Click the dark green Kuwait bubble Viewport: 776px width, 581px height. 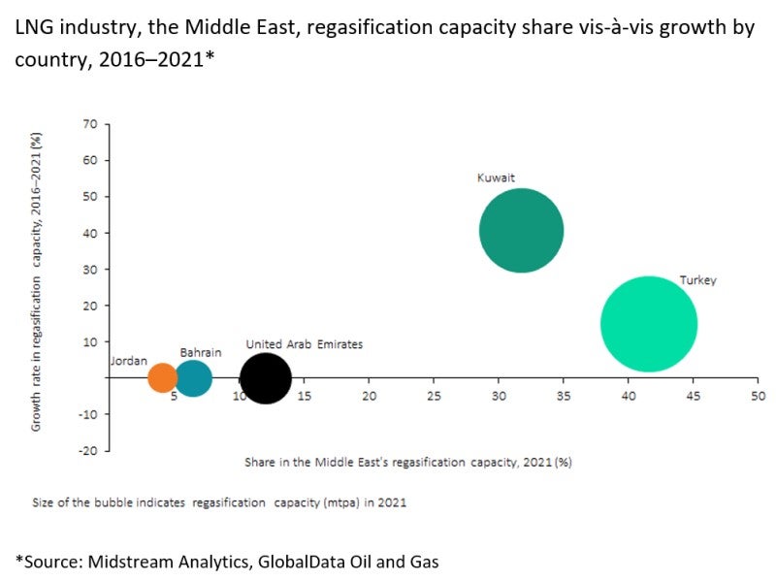pyautogui.click(x=522, y=231)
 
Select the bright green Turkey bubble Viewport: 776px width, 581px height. pyautogui.click(x=649, y=324)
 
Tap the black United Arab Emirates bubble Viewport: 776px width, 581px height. pyautogui.click(x=265, y=377)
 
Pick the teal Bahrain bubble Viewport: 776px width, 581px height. pyautogui.click(x=193, y=378)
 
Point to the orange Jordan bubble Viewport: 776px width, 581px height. pyautogui.click(x=162, y=377)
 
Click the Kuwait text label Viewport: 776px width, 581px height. pyautogui.click(x=496, y=178)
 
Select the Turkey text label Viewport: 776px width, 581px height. pyautogui.click(x=697, y=280)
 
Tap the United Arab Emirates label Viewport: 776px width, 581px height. pyautogui.click(x=304, y=344)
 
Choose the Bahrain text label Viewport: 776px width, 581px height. pyautogui.click(x=200, y=352)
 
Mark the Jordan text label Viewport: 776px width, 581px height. pyautogui.click(x=129, y=361)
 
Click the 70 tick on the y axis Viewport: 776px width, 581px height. pyautogui.click(x=91, y=124)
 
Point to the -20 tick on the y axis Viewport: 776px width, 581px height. pyautogui.click(x=87, y=451)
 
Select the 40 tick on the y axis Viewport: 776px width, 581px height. pyautogui.click(x=91, y=233)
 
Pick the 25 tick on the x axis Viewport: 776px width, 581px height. pyautogui.click(x=434, y=396)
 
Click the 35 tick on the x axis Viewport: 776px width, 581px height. pyautogui.click(x=564, y=396)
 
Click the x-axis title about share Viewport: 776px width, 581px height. pyautogui.click(x=407, y=463)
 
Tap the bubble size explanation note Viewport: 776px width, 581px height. pyautogui.click(x=219, y=502)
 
